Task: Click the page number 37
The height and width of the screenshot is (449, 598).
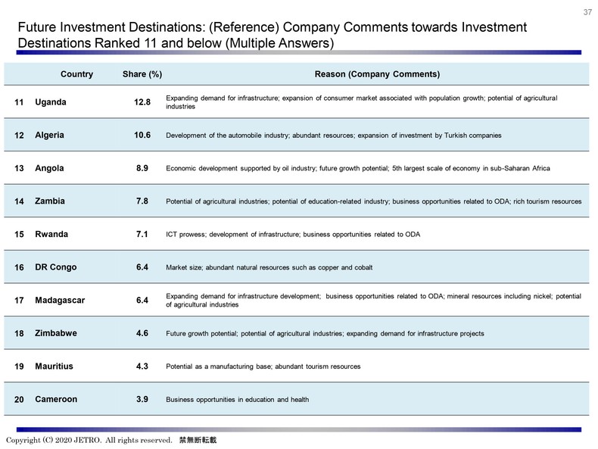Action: point(587,12)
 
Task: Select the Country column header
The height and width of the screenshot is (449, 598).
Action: point(76,74)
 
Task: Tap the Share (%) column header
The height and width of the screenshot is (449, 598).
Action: point(142,74)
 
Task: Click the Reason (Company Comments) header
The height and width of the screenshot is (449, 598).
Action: point(377,74)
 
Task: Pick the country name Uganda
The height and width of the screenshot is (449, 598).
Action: point(51,102)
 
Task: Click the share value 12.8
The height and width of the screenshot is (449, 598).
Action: point(142,102)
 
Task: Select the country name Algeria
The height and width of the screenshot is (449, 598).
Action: point(50,136)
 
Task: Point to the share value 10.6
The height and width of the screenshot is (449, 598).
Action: point(142,136)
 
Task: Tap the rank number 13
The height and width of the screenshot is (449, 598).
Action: point(19,169)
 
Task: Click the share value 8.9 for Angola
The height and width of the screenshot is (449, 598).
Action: point(142,169)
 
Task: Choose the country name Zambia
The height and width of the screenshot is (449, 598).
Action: point(50,201)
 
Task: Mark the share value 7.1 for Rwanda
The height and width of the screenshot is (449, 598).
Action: point(142,235)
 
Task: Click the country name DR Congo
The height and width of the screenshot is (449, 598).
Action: point(56,267)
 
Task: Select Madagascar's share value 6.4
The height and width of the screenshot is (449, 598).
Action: point(142,301)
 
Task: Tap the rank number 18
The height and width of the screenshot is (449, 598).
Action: point(19,333)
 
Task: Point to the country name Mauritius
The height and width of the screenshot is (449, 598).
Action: point(55,366)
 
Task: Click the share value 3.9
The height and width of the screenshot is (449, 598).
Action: point(142,399)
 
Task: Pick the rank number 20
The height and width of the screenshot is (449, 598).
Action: point(19,400)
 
